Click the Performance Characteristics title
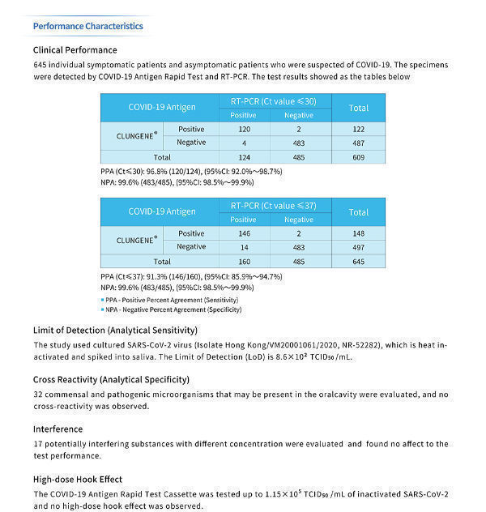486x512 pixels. pos(87,26)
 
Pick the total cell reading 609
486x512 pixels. pos(358,156)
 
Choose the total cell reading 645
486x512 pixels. pos(358,262)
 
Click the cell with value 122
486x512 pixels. pos(358,130)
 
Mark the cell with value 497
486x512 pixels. pos(358,246)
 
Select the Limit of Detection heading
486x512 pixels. pos(115,331)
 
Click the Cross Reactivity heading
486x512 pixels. pos(111,379)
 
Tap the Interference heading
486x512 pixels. pos(58,429)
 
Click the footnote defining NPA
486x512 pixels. pos(173,309)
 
